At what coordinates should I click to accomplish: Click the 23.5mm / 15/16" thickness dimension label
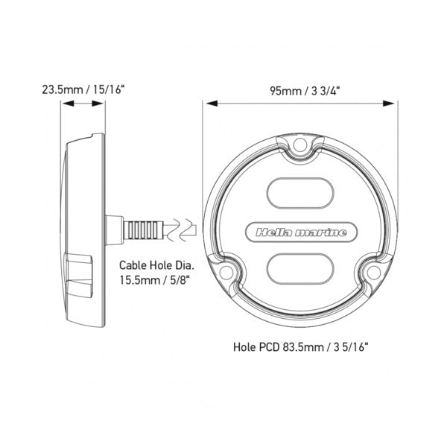tap(83, 89)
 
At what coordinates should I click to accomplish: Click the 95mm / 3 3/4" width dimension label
tap(305, 91)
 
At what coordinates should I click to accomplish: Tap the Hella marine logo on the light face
tap(301, 232)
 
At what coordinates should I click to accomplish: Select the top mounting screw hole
tap(300, 144)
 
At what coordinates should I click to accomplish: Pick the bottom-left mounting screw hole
tap(226, 272)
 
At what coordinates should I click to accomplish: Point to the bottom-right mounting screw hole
tap(373, 272)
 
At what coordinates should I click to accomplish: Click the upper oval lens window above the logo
tap(300, 193)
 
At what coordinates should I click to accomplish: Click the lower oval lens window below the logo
tap(300, 269)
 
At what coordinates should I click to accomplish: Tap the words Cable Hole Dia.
tap(156, 265)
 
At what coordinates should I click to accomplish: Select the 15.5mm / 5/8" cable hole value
tap(154, 280)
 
